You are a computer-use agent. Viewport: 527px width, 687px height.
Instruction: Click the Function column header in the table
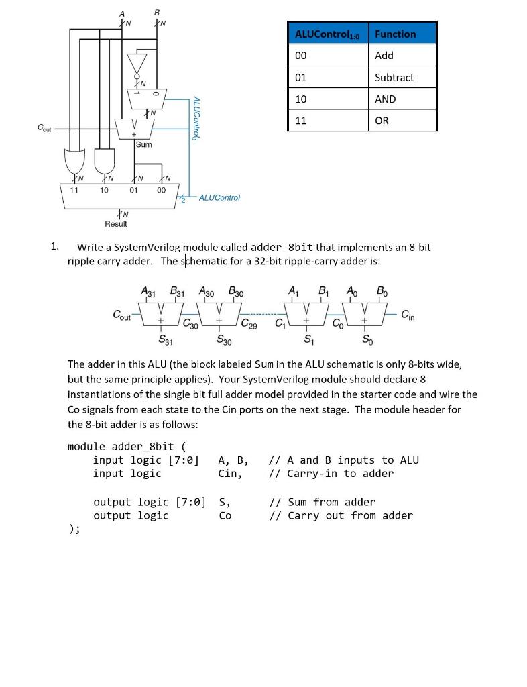[x=396, y=34]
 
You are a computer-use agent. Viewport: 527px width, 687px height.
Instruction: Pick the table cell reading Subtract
[x=394, y=77]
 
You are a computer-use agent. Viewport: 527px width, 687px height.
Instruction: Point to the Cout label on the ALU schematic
[x=44, y=127]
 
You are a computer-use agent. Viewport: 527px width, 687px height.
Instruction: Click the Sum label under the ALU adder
[x=143, y=144]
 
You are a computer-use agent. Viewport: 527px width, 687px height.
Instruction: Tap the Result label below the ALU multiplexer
[x=116, y=223]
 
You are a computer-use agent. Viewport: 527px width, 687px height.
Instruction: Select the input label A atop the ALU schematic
[x=122, y=13]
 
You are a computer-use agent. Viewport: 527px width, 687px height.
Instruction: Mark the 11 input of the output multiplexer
[x=74, y=190]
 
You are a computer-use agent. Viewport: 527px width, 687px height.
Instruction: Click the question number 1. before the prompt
[x=56, y=246]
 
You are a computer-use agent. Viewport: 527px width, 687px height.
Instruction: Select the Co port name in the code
[x=225, y=515]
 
